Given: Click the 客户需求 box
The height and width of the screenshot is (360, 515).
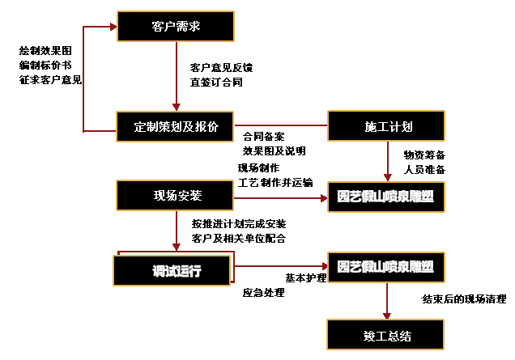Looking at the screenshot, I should tap(176, 27).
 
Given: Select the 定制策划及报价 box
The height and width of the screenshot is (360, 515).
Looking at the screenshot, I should tap(175, 126).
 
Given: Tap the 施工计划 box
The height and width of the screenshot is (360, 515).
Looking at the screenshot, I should tap(385, 126).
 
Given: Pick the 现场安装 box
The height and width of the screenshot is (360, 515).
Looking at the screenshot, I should tap(176, 196).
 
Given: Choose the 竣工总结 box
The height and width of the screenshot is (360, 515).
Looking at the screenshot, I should tap(385, 335).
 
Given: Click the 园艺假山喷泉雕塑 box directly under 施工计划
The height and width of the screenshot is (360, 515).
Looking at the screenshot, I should tap(385, 197).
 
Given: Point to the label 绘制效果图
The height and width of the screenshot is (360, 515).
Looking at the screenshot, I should tap(45, 50).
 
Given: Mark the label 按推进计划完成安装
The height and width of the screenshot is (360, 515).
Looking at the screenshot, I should tap(238, 222).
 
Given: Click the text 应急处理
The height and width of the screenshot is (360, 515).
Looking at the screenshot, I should tap(264, 292).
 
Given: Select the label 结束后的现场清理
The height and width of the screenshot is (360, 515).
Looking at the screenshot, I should tap(464, 299).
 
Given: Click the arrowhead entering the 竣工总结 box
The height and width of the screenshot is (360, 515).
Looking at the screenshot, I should tap(386, 314).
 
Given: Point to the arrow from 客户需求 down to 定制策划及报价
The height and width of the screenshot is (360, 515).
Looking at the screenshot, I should tap(176, 76).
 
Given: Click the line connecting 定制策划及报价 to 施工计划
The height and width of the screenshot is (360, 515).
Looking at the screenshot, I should tap(280, 126).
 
